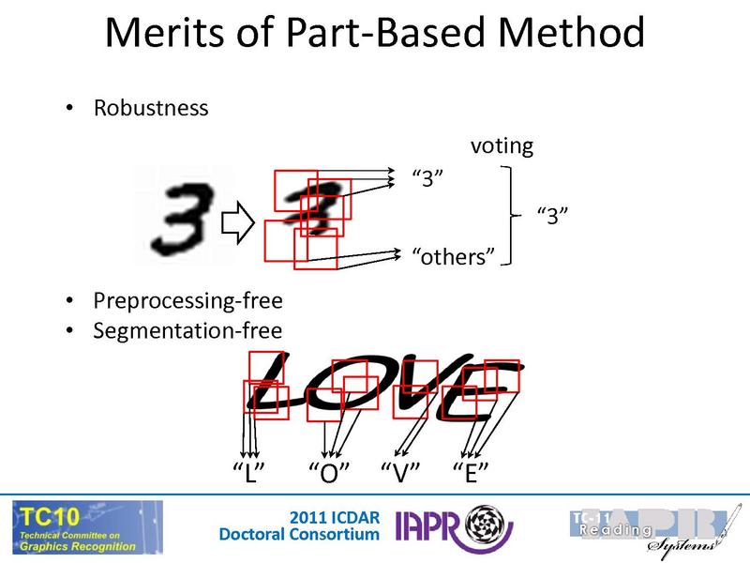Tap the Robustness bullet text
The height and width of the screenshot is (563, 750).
click(151, 108)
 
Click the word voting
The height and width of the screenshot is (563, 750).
click(502, 145)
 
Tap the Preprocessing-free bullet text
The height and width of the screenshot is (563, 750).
click(187, 303)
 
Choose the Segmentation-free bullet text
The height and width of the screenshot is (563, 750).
click(187, 330)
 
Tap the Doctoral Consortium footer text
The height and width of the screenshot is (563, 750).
click(299, 535)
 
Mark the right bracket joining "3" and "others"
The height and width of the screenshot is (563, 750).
click(511, 216)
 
